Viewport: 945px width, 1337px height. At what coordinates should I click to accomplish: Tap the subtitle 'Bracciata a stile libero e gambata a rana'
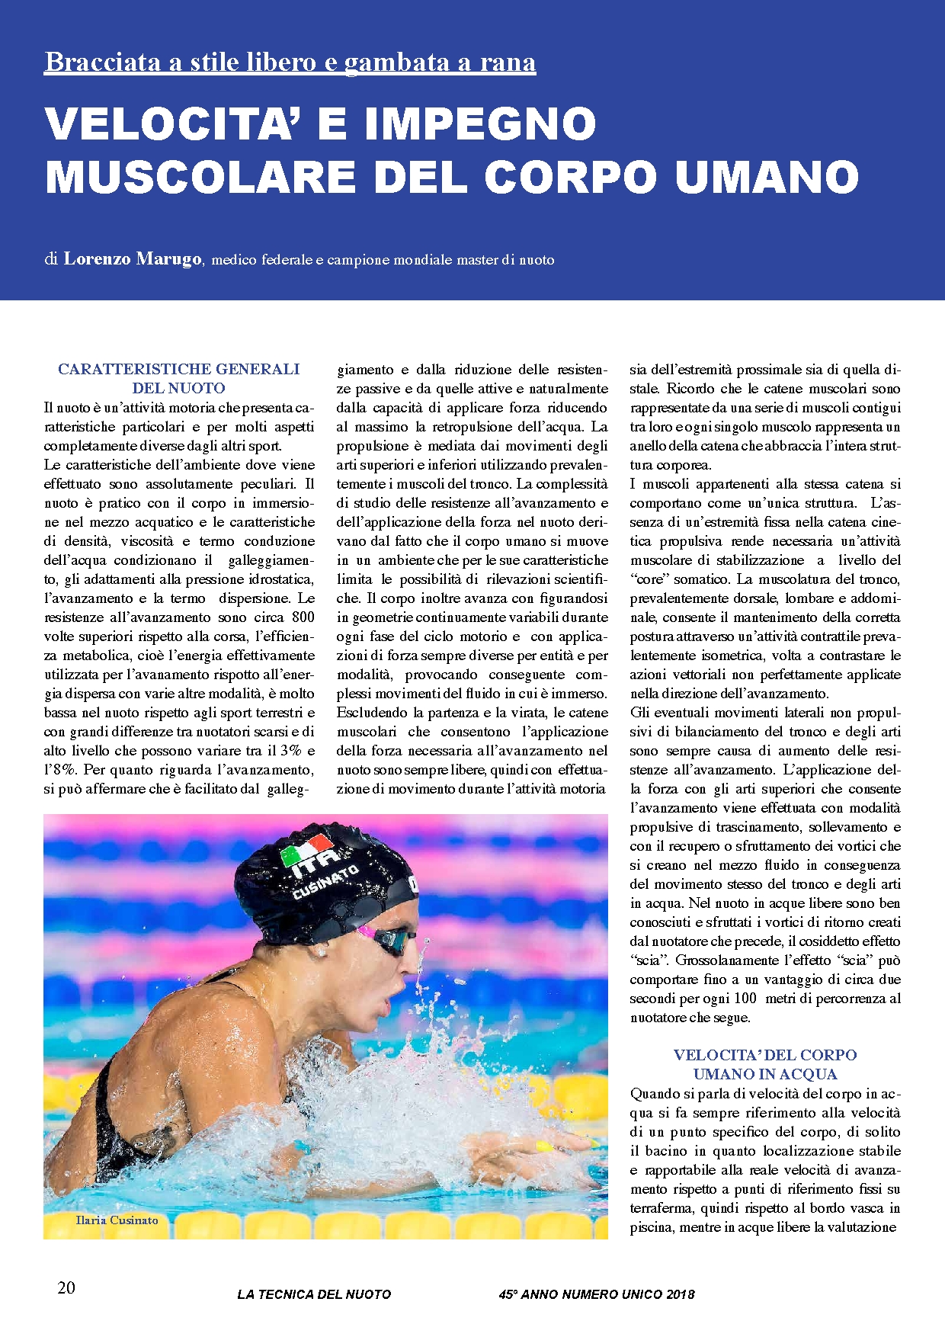[x=290, y=62]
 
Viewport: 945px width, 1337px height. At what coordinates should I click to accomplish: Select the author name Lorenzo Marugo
[x=132, y=259]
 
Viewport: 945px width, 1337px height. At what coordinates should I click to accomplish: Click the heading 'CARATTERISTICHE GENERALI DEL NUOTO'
[x=178, y=378]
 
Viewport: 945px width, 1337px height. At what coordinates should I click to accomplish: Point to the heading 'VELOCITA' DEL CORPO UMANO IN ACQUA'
[x=764, y=1064]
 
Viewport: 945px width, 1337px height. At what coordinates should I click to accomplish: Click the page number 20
[x=66, y=1287]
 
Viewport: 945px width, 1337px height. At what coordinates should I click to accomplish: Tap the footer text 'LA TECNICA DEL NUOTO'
[x=314, y=1294]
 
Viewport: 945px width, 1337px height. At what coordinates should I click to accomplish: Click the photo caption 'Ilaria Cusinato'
[x=117, y=1220]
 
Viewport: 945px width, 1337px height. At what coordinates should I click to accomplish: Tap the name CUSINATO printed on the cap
[x=326, y=882]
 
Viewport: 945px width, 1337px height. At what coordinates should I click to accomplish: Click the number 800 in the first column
[x=303, y=617]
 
